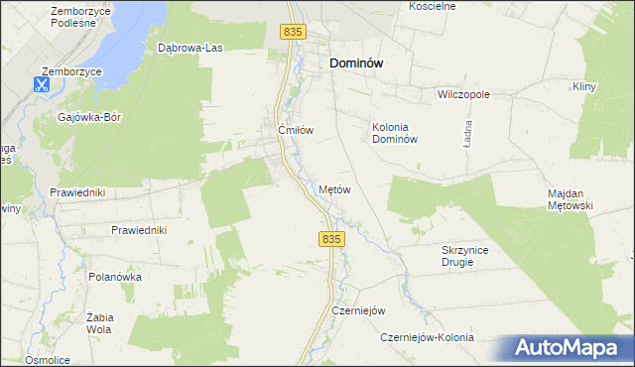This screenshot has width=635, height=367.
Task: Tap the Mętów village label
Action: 334,188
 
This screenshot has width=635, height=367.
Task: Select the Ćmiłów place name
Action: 296,130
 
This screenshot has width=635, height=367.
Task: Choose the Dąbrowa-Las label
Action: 189,47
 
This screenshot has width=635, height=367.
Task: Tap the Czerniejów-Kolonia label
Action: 428,337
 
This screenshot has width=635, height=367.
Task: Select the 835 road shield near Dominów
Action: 292,32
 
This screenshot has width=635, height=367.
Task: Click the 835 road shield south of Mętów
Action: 332,239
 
